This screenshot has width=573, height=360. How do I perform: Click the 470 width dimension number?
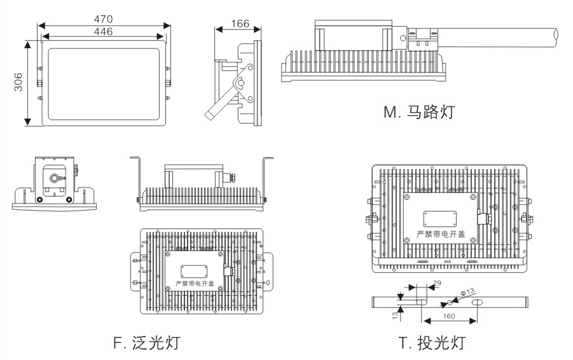(104, 19)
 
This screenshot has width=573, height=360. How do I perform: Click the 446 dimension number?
(104, 31)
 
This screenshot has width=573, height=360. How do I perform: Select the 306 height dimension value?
(18, 83)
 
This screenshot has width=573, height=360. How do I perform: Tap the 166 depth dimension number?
(239, 24)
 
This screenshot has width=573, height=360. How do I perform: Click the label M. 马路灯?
(420, 113)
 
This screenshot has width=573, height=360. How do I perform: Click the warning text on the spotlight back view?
(441, 235)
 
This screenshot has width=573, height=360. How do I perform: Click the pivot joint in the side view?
(240, 83)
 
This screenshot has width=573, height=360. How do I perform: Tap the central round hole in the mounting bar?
(450, 301)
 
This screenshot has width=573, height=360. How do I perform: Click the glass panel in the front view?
(104, 82)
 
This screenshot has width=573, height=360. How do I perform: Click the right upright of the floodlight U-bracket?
(265, 178)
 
